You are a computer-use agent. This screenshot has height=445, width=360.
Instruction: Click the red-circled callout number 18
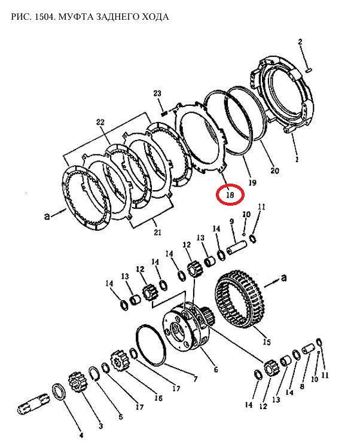[x=230, y=195]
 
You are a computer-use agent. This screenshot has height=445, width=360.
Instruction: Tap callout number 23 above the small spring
[x=157, y=93]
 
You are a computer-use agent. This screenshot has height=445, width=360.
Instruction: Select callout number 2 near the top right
[x=300, y=42]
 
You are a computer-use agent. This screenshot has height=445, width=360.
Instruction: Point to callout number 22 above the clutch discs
[x=100, y=123]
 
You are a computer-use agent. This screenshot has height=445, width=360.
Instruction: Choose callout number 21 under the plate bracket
[x=157, y=232]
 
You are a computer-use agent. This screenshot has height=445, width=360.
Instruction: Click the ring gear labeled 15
[x=240, y=298]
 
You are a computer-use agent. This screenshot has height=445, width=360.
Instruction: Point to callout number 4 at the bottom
[x=81, y=435]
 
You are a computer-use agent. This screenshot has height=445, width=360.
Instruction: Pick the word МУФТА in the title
[x=76, y=17]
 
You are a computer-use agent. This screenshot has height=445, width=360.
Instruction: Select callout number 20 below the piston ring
[x=274, y=170]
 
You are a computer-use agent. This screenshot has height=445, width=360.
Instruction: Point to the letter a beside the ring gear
[x=283, y=278]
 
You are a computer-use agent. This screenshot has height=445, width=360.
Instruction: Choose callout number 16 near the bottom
[x=158, y=398]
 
